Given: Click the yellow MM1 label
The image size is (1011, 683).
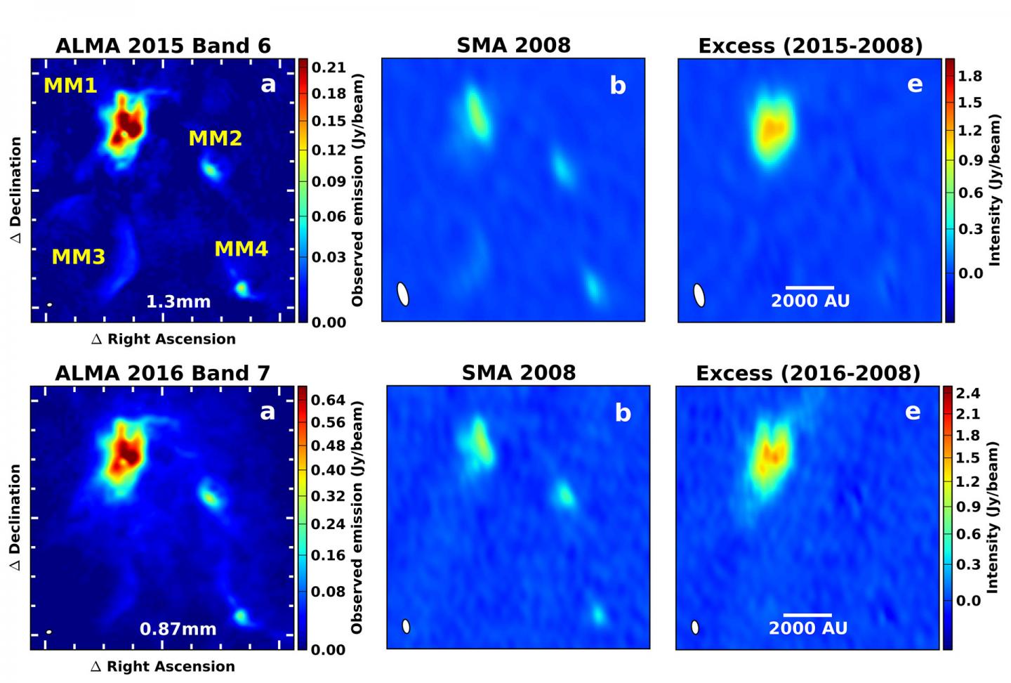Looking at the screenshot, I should click(x=70, y=86).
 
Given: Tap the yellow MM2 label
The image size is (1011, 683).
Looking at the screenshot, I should click(x=215, y=138).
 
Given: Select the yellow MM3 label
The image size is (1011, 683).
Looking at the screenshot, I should click(x=78, y=257).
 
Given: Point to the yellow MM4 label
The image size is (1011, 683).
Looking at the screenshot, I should click(x=241, y=249).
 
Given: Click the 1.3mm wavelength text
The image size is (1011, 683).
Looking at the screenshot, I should click(x=178, y=302).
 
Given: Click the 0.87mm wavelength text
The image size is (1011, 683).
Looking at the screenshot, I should click(x=178, y=630).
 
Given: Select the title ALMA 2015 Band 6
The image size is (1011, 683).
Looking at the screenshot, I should click(x=163, y=46).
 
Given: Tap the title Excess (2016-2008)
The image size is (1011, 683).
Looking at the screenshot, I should click(x=807, y=373).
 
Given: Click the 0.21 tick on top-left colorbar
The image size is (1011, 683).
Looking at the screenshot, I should click(x=329, y=67).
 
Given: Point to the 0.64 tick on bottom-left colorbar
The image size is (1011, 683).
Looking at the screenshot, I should click(x=328, y=401).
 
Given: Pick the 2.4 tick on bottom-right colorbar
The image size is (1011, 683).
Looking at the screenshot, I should click(x=967, y=393).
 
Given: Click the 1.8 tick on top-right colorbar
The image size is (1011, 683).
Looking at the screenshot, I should click(x=970, y=76).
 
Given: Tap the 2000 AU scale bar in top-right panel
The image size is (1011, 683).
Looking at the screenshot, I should click(x=810, y=287).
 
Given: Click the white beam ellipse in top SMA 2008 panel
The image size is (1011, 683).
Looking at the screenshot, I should click(x=403, y=294).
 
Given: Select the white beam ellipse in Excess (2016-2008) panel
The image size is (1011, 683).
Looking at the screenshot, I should click(x=695, y=627).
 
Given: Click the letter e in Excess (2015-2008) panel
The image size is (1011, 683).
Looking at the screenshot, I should click(x=914, y=84).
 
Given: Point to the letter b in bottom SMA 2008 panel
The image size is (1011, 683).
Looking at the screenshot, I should click(x=622, y=413).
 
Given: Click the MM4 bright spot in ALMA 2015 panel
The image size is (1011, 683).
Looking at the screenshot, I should click(x=242, y=288).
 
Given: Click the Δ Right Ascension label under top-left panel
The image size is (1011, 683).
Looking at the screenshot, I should click(x=164, y=339).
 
